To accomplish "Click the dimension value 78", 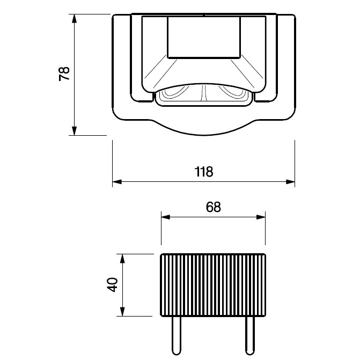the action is pyautogui.click(x=64, y=74).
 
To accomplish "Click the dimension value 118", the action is pyautogui.click(x=204, y=172).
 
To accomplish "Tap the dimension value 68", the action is pyautogui.click(x=214, y=207).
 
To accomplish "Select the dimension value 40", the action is pyautogui.click(x=113, y=285).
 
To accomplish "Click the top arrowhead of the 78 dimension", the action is pyautogui.click(x=74, y=18).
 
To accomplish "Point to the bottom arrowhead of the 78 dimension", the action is pyautogui.click(x=74, y=131).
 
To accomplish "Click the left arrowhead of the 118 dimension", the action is pyautogui.click(x=117, y=182).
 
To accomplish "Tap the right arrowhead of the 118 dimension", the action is pyautogui.click(x=290, y=182).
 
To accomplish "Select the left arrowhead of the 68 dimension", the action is pyautogui.click(x=166, y=217).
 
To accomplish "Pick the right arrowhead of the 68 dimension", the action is pyautogui.click(x=261, y=217).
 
